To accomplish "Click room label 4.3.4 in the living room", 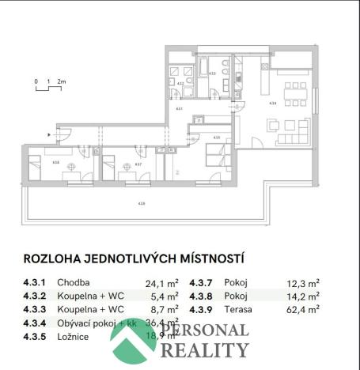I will coord(273,103).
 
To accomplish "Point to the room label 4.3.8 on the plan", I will coord(55,163).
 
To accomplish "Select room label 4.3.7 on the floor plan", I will coord(138,164).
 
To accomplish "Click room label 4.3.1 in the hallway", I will coord(179,108).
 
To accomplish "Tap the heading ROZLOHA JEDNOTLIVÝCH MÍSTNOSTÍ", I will coord(134,259).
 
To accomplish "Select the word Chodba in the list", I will coord(79,282).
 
